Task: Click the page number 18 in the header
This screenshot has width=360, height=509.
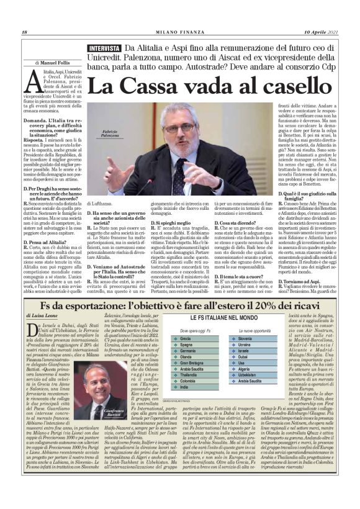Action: coord(24,33)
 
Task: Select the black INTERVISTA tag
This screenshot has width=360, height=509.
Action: coord(104,48)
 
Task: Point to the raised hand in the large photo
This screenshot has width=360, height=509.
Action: coord(115,171)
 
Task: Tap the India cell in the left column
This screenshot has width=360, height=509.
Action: coord(185,387)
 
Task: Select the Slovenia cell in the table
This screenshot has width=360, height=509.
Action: coord(245,339)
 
